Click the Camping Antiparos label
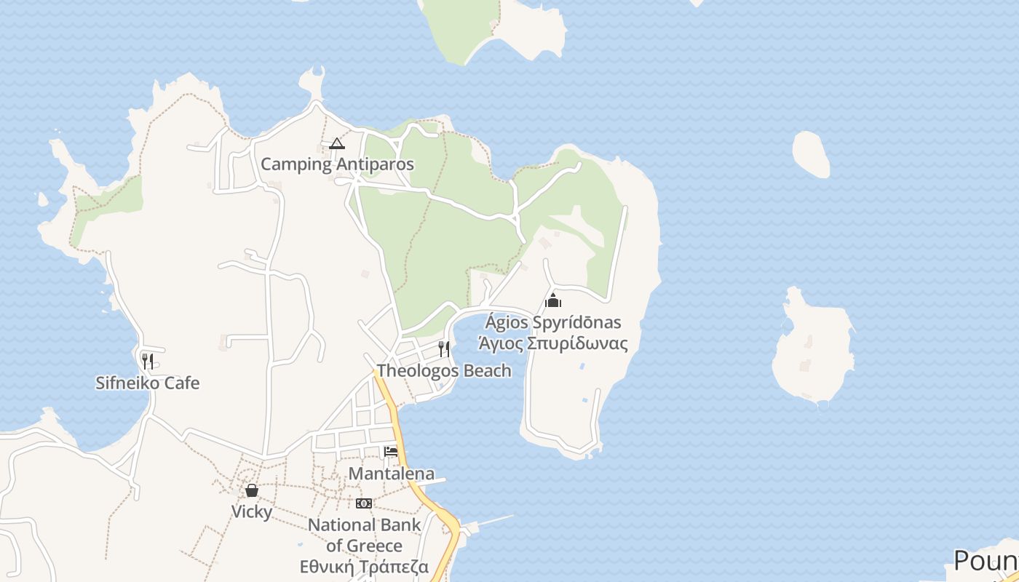point(337,164)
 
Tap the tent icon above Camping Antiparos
point(336,143)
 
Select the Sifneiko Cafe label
point(147,383)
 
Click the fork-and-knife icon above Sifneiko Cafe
point(147,361)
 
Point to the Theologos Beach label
point(444,370)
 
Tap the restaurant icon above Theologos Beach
point(444,349)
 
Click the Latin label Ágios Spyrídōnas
point(553,322)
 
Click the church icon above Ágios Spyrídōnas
point(553,300)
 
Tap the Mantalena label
point(392,474)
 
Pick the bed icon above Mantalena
point(391,452)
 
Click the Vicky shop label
point(252,511)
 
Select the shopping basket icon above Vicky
point(252,490)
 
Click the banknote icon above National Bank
point(364,503)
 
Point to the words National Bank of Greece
point(365,535)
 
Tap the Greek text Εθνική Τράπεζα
point(365,567)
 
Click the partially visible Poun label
point(986,561)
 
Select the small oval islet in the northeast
point(811,154)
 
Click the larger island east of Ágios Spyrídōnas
point(812,349)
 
